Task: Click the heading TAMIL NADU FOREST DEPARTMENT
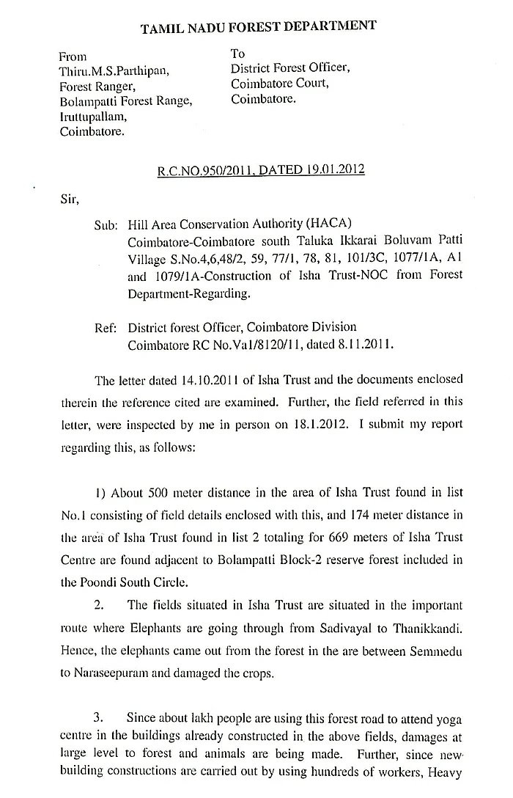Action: (x=258, y=27)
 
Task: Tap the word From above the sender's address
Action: (x=73, y=56)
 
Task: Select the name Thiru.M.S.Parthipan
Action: (x=115, y=71)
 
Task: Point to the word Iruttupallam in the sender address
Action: (x=95, y=117)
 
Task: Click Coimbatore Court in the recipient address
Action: (x=280, y=83)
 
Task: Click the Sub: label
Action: (x=107, y=226)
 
